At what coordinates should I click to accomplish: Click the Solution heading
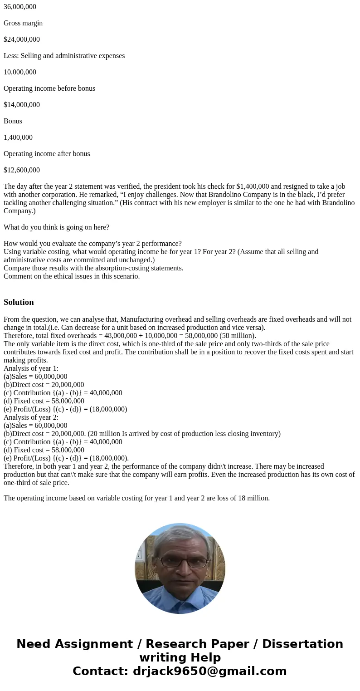point(19,302)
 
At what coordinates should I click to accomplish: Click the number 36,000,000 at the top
point(20,7)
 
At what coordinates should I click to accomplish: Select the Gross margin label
point(23,23)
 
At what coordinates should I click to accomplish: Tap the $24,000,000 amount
point(22,39)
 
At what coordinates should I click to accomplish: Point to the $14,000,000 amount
point(22,105)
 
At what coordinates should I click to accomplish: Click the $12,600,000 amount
point(22,170)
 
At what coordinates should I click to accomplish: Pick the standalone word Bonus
point(13,121)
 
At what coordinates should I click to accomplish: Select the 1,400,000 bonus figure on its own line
point(18,137)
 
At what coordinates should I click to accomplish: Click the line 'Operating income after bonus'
point(47,154)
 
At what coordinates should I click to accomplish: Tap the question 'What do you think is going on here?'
point(56,227)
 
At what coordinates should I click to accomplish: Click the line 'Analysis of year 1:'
point(31,368)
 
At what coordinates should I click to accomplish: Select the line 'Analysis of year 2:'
point(31,417)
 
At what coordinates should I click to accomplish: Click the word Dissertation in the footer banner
point(302,644)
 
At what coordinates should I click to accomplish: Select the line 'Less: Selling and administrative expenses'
point(64,56)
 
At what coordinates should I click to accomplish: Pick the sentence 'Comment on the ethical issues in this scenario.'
point(72,276)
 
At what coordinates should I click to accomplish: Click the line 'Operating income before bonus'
point(49,88)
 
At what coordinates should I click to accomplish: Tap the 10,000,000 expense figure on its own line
point(20,72)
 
